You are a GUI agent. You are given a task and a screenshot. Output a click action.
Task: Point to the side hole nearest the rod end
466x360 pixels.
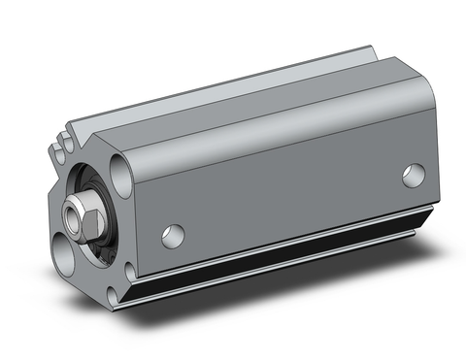[173, 235]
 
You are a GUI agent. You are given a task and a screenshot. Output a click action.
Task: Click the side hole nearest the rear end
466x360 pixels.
[414, 176]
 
